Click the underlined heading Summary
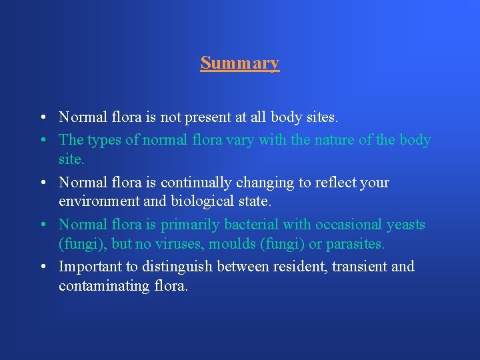click(239, 63)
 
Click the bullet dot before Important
click(41, 267)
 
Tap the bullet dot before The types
click(41, 141)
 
